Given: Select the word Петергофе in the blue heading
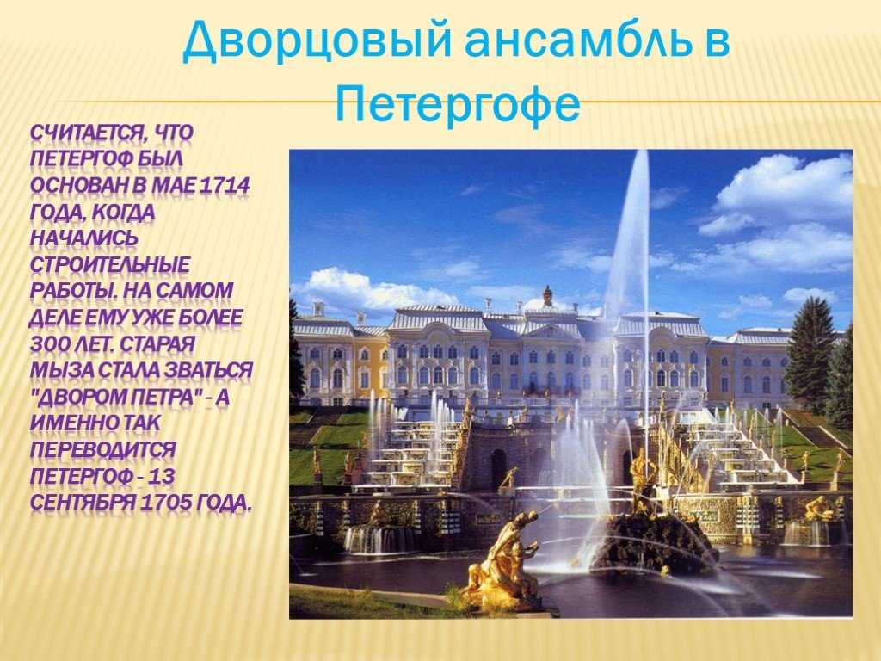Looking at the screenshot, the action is pyautogui.click(x=458, y=103).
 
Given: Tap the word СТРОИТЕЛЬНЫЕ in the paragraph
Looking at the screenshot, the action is pyautogui.click(x=109, y=264).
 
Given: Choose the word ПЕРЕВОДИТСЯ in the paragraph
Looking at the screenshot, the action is pyautogui.click(x=103, y=449).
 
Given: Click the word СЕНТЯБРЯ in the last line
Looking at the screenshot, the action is pyautogui.click(x=83, y=502).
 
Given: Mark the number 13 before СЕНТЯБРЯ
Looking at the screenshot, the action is pyautogui.click(x=163, y=475).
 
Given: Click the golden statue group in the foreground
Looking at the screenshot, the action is pyautogui.click(x=502, y=562).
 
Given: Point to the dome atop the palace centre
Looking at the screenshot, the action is pyautogui.click(x=547, y=295).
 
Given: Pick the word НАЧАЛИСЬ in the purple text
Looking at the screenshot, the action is pyautogui.click(x=83, y=238).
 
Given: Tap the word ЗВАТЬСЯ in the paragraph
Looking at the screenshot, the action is pyautogui.click(x=208, y=370).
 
